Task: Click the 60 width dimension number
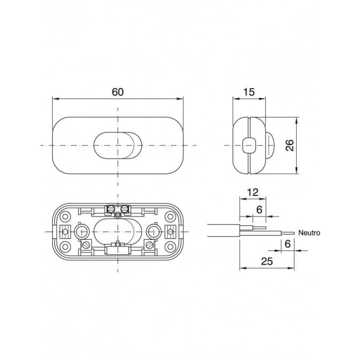click(118, 92)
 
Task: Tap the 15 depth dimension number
click(249, 92)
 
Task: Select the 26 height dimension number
click(290, 145)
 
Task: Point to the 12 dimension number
click(253, 192)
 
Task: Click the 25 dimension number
click(267, 261)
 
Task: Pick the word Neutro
click(309, 233)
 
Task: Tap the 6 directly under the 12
click(259, 209)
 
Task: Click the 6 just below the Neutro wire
click(287, 244)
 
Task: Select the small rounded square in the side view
click(249, 145)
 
